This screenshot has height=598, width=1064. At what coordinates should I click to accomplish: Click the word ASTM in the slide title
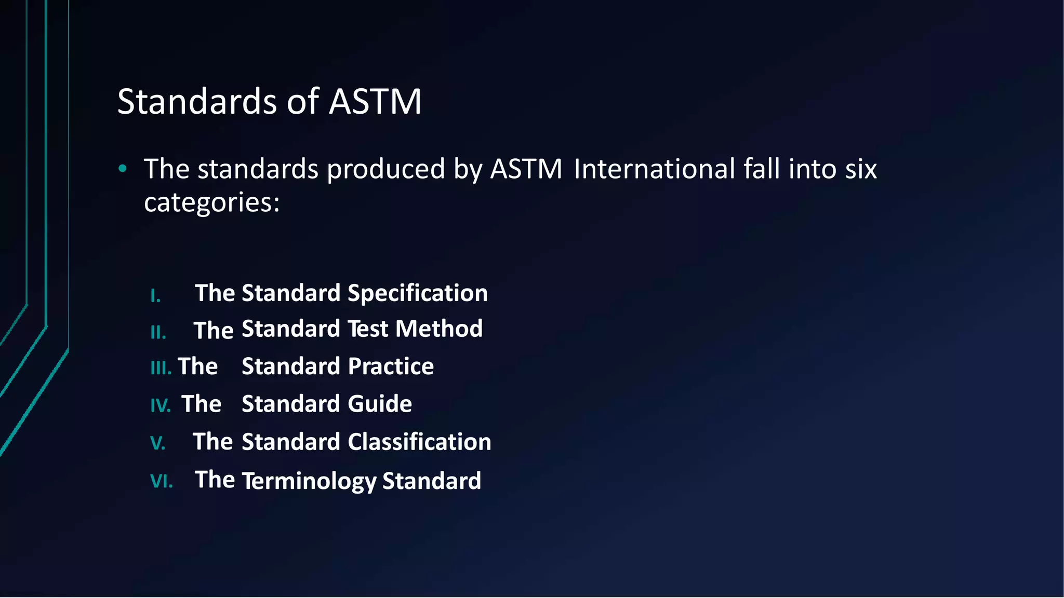[375, 101]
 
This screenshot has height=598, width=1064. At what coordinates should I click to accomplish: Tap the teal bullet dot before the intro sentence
[123, 168]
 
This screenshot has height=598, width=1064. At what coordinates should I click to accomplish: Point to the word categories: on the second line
[211, 202]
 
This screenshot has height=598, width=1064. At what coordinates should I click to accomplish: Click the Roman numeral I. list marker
[155, 296]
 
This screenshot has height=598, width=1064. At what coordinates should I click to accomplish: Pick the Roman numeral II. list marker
[158, 332]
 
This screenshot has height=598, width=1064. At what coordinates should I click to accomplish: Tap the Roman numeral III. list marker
[161, 369]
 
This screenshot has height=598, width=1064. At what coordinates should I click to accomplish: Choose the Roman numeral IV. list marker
[160, 405]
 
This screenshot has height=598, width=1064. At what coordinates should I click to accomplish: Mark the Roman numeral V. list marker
[157, 443]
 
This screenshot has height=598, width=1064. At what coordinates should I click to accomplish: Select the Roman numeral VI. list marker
[161, 481]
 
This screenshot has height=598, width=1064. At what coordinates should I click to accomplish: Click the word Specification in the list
[418, 293]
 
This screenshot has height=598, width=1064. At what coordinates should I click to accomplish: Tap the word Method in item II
[438, 329]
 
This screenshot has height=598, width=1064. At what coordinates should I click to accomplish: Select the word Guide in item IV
[379, 404]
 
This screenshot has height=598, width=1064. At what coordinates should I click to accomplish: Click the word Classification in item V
[419, 442]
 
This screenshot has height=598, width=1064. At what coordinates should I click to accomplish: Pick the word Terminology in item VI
[309, 481]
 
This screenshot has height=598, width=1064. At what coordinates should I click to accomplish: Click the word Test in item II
[367, 329]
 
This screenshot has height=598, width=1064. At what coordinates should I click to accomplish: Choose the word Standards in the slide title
[197, 101]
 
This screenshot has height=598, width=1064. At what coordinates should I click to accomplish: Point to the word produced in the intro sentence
[386, 169]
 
